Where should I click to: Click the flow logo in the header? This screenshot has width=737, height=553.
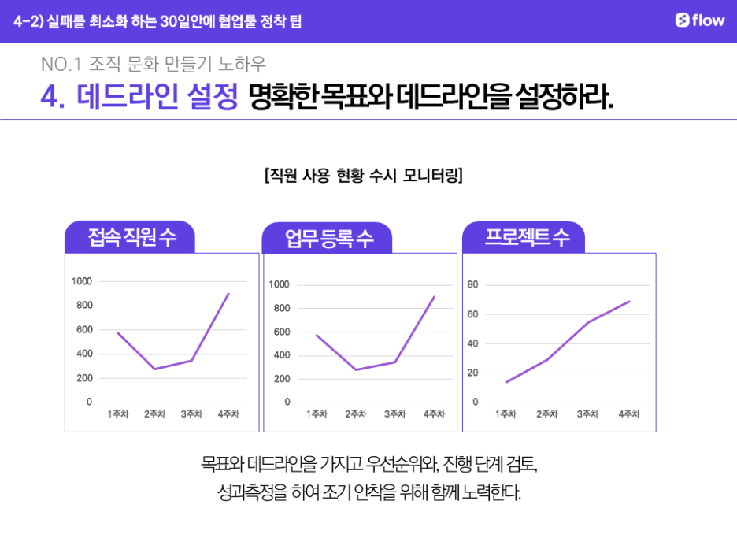pyautogui.click(x=699, y=20)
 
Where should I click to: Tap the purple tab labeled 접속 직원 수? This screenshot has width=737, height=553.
pyautogui.click(x=131, y=237)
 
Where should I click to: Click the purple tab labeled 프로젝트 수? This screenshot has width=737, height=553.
pyautogui.click(x=526, y=237)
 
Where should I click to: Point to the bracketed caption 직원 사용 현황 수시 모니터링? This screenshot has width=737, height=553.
pyautogui.click(x=364, y=175)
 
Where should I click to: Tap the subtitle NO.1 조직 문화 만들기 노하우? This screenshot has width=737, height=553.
pyautogui.click(x=154, y=63)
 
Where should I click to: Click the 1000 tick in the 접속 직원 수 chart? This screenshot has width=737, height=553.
pyautogui.click(x=82, y=281)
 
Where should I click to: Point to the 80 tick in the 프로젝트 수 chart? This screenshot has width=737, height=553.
pyautogui.click(x=472, y=284)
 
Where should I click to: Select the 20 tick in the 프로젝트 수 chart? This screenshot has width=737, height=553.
pyautogui.click(x=472, y=373)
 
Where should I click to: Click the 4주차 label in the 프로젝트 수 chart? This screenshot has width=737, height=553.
pyautogui.click(x=629, y=414)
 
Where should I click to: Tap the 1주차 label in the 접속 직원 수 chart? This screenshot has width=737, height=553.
pyautogui.click(x=118, y=414)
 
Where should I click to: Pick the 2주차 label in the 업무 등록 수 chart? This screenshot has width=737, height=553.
pyautogui.click(x=354, y=414)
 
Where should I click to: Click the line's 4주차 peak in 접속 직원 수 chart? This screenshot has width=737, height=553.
pyautogui.click(x=228, y=294)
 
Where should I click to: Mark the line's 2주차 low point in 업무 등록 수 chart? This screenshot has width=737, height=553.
pyautogui.click(x=355, y=370)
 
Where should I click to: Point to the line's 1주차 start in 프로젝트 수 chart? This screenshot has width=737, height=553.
pyautogui.click(x=506, y=382)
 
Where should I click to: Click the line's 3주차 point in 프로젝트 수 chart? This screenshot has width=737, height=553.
pyautogui.click(x=587, y=322)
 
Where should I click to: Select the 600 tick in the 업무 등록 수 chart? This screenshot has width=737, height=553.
pyautogui.click(x=280, y=332)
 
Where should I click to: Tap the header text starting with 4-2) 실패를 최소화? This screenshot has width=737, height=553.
pyautogui.click(x=157, y=21)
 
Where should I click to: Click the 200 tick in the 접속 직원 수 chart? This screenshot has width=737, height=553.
pyautogui.click(x=83, y=378)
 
